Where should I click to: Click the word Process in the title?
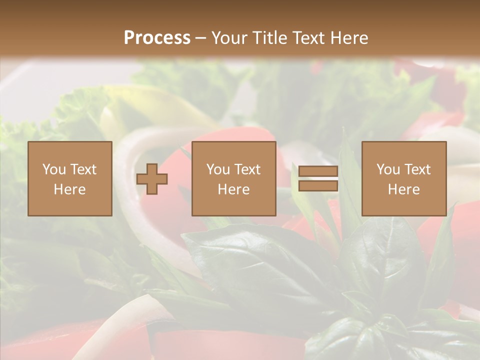(157, 38)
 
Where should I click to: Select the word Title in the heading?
(270, 38)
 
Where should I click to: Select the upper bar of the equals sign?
(318, 171)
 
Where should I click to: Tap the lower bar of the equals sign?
(318, 186)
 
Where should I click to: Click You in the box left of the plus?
(54, 169)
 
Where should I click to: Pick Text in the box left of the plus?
(82, 169)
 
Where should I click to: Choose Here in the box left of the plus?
(69, 189)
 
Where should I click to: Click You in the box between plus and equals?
(218, 169)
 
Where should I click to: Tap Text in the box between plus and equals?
(246, 169)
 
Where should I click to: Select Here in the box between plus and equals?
(233, 189)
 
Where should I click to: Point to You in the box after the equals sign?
(388, 169)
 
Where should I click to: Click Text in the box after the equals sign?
(416, 169)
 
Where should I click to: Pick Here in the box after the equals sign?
(403, 189)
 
